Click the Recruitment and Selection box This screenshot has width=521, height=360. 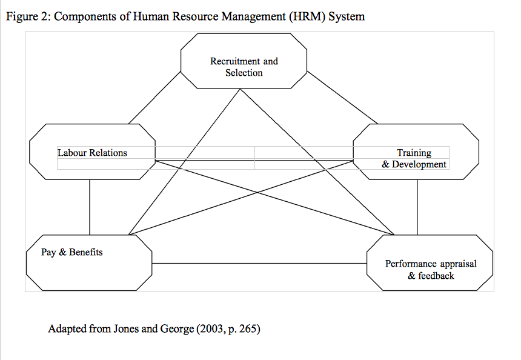point(244,61)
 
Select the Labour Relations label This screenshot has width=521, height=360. point(92,153)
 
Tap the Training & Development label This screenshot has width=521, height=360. point(414,158)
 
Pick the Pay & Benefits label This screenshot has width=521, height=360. point(71,252)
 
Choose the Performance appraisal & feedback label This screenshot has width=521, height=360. point(431,270)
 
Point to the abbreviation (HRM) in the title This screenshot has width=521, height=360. point(307,16)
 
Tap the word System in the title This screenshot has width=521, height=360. point(347,16)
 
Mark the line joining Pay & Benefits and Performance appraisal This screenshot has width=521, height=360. point(259,264)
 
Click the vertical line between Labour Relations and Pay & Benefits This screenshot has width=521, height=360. point(90,207)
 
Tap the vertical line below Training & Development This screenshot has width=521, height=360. point(417,207)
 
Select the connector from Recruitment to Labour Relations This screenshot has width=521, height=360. point(154,98)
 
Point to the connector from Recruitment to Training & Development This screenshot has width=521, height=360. point(342,98)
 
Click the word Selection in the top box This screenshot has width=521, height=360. point(244,73)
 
